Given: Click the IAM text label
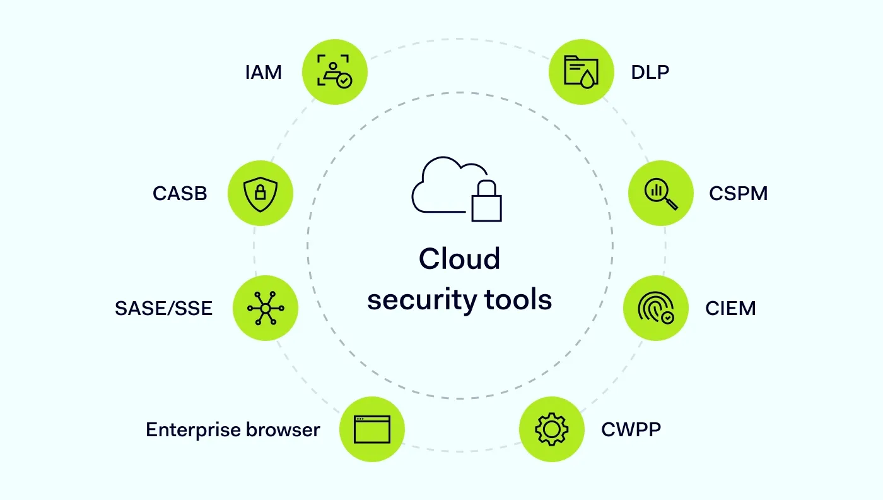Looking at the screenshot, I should (x=264, y=73).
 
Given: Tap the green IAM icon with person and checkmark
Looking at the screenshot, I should (x=334, y=72).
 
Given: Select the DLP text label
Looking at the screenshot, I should (x=650, y=73).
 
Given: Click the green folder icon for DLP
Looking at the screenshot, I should (x=581, y=72).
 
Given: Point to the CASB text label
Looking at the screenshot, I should (x=180, y=193).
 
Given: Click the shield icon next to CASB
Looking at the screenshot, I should (x=260, y=193).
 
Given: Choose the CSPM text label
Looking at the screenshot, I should (x=738, y=193).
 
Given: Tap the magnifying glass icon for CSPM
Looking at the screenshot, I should (x=661, y=193).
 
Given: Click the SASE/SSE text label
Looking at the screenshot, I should (x=163, y=308).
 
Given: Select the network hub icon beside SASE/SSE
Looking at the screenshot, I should (x=266, y=308).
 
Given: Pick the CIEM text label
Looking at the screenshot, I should (x=730, y=308).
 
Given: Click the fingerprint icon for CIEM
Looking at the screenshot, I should (x=655, y=308).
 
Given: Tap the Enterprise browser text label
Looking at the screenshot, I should (x=233, y=429).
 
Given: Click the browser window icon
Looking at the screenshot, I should (x=371, y=429).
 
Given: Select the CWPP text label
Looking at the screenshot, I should (x=631, y=429).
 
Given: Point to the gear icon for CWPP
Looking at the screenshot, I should (x=551, y=429).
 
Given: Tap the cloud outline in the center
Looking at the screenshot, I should (x=441, y=183).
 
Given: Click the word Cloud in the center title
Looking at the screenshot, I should (x=459, y=259).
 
